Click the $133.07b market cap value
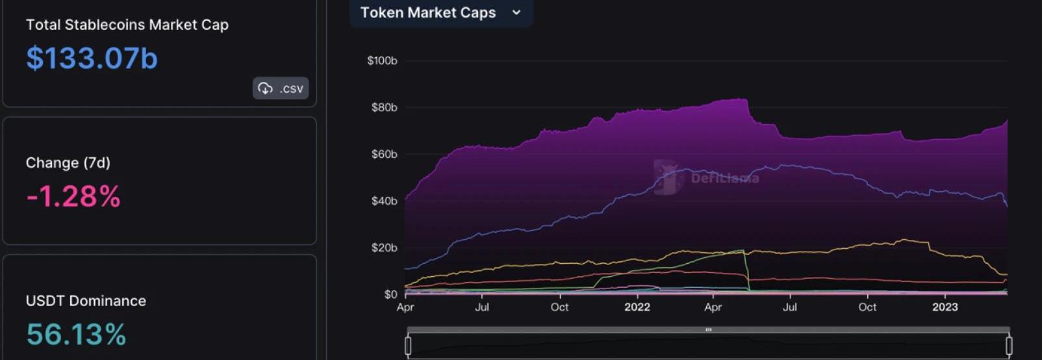coord(92,58)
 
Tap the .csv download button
coord(281,88)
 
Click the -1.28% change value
coord(73,196)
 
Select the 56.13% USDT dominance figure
coord(76,335)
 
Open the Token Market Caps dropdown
coord(440,13)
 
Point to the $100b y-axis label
coord(382,61)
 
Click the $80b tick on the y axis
coord(384,108)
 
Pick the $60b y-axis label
coord(384,155)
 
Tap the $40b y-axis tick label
coord(384,201)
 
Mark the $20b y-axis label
coord(384,248)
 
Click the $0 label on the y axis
coord(390,294)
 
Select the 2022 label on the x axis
coord(637,307)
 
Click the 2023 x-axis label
coord(945,307)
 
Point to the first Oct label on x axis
coord(559,307)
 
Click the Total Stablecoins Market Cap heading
coord(127,25)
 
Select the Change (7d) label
coord(68,163)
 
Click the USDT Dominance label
coord(86,302)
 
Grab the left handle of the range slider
coord(408,346)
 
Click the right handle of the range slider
coord(1009,346)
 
